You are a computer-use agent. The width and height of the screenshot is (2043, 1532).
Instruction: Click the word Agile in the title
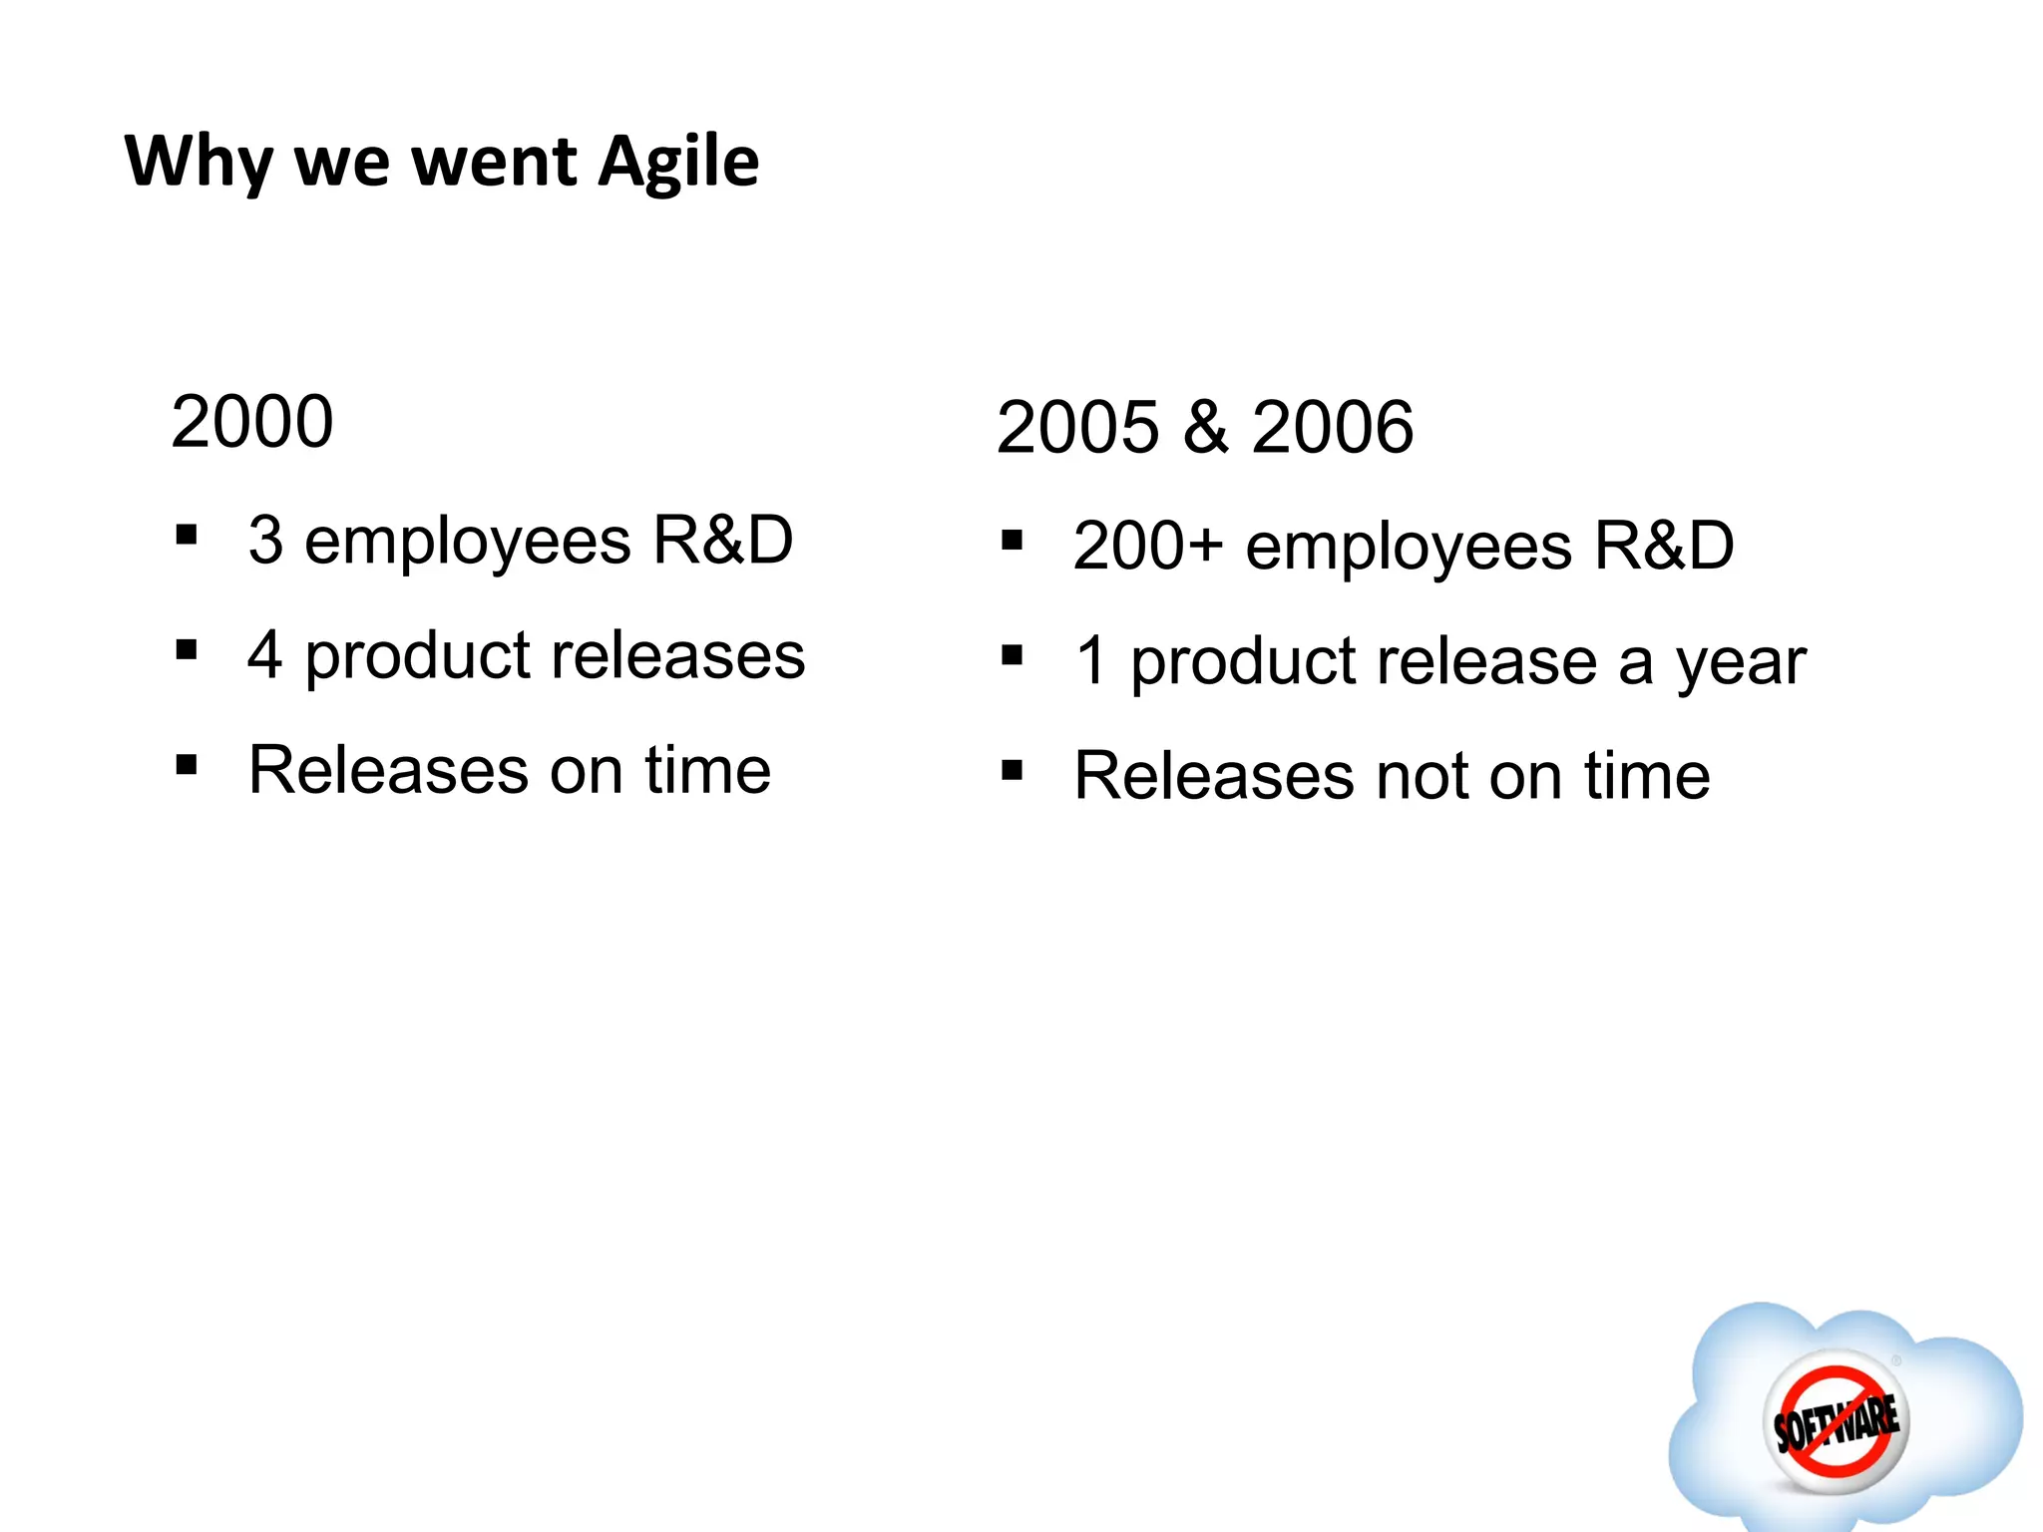(678, 162)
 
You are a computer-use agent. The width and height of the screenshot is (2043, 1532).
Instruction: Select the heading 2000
(251, 422)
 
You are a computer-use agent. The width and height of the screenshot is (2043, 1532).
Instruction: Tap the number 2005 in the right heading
(1077, 428)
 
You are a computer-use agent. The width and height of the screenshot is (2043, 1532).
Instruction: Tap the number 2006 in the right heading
(1332, 428)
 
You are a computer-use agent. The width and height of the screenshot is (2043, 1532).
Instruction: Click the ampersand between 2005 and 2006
(1205, 428)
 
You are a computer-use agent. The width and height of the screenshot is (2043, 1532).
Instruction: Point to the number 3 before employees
(265, 541)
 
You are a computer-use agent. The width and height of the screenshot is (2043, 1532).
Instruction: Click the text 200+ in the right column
(1147, 547)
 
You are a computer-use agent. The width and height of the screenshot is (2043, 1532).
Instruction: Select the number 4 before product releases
(264, 656)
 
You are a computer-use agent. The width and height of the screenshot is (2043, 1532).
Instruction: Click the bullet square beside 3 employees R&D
(186, 536)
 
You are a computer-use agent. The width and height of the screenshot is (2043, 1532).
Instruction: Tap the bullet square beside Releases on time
(186, 765)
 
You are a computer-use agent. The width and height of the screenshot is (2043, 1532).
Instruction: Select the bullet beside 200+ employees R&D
(1012, 541)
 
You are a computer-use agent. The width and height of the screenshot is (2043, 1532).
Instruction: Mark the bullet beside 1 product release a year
(1012, 655)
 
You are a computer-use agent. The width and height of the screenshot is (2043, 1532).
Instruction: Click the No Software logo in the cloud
(1836, 1421)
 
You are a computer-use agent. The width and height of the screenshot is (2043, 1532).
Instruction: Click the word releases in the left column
(677, 656)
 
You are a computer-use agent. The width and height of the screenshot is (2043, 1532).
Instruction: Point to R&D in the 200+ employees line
(1664, 547)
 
